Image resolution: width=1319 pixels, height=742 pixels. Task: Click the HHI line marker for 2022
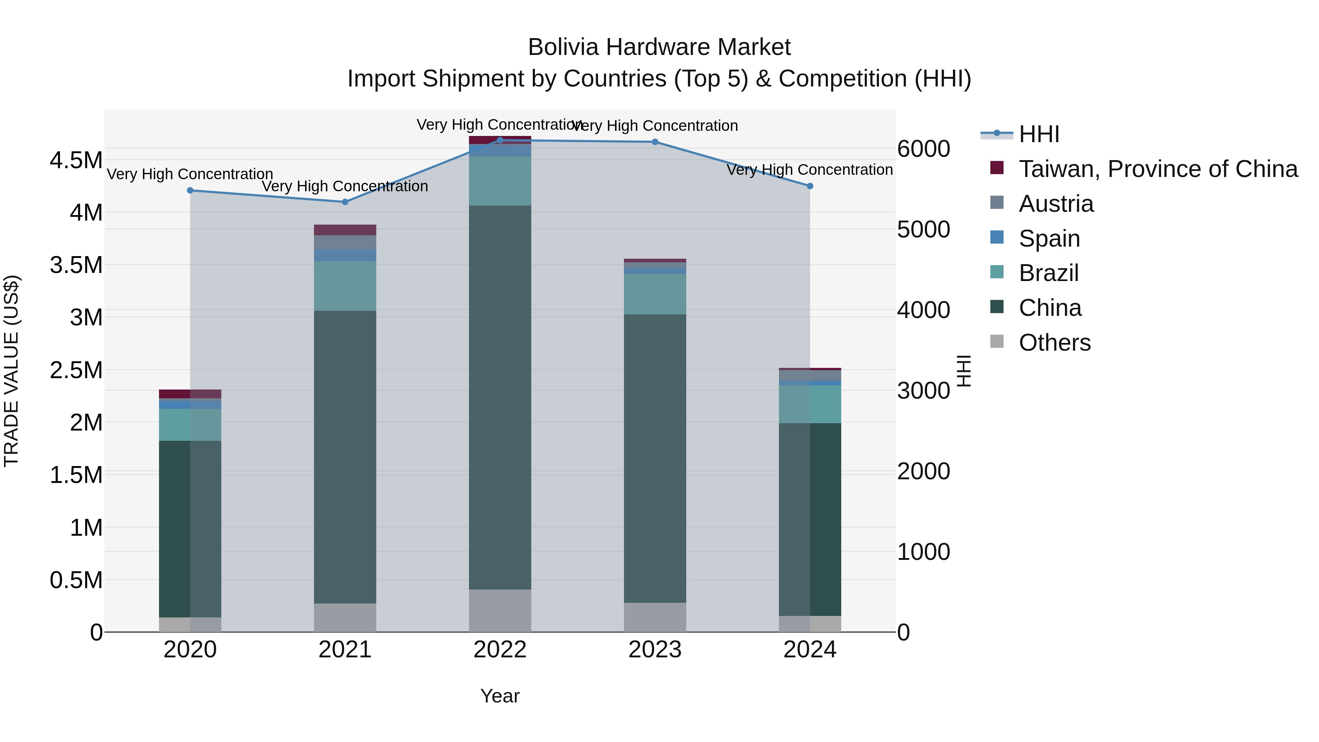[500, 140]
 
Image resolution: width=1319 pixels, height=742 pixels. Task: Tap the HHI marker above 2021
[345, 202]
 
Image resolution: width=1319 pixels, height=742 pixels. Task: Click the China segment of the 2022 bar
[500, 397]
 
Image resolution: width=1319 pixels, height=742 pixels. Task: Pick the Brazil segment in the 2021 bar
[345, 286]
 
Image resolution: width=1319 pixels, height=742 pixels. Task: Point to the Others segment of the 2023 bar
[655, 617]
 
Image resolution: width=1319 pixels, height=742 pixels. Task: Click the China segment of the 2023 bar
[655, 458]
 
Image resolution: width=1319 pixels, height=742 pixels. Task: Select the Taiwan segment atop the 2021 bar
[345, 229]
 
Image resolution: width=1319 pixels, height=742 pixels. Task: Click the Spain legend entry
[1049, 239]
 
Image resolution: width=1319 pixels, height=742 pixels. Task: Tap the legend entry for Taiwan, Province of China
[1157, 169]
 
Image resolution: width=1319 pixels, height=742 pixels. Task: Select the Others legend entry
[1054, 343]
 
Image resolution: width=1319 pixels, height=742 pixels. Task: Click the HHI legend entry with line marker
[1038, 134]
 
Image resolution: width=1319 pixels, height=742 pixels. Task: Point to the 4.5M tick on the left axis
[76, 160]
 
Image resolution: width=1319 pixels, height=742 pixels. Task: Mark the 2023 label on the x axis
[655, 650]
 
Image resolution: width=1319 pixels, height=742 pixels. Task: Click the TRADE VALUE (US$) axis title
[11, 371]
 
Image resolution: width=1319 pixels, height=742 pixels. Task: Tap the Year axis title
[500, 696]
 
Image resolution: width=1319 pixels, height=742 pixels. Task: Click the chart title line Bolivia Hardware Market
[659, 47]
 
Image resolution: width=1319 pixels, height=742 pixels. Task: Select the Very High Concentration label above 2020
[190, 174]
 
